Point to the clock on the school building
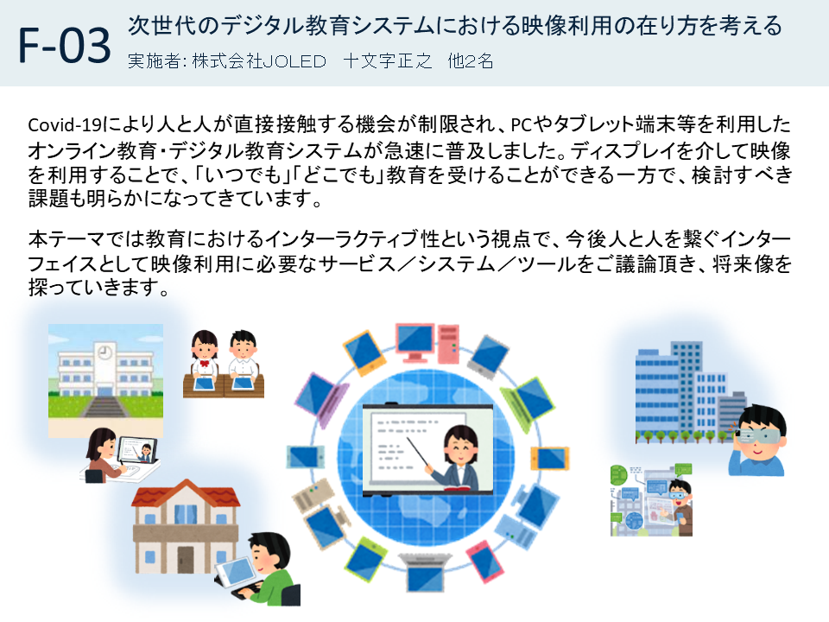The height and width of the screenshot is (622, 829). click(106, 351)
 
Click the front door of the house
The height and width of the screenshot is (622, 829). click(185, 559)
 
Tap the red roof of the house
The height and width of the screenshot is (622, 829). click(186, 493)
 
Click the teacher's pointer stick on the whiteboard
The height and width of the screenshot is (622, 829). click(419, 453)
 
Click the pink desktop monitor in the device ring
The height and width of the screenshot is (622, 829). click(416, 342)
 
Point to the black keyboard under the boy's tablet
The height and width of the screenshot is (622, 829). click(249, 590)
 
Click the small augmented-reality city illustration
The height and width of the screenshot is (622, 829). click(651, 500)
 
